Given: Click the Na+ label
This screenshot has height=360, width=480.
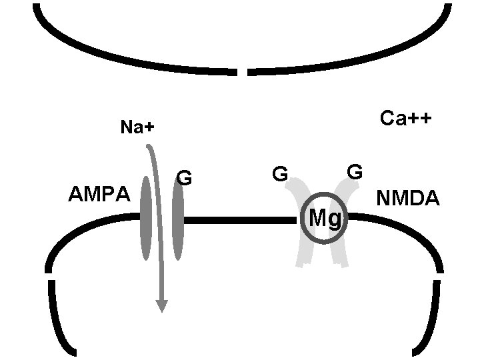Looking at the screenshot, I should (137, 127).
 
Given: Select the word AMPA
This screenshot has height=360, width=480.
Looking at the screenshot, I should (100, 195).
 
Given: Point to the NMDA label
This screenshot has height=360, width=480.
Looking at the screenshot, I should (407, 199).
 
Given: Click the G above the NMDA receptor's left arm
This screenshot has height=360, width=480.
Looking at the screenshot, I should (279, 175).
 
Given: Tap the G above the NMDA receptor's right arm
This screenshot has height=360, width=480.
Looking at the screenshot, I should (355, 171).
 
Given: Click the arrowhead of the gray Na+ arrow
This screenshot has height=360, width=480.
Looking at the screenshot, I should (161, 305).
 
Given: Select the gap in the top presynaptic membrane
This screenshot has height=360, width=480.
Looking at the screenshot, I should (243, 71).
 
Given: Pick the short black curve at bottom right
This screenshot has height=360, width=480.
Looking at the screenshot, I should (429, 320).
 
